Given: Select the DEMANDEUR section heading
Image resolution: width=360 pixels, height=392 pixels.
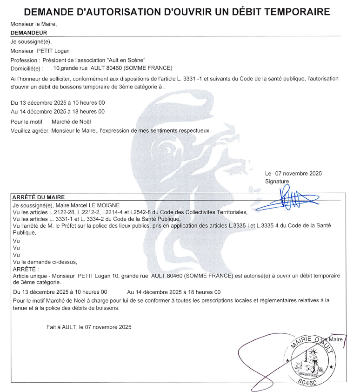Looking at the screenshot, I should (x=28, y=33).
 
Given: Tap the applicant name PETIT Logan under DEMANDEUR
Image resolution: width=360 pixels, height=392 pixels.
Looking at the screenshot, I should (x=53, y=51).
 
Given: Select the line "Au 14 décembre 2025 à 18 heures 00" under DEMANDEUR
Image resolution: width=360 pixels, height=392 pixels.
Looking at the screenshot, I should (x=58, y=112).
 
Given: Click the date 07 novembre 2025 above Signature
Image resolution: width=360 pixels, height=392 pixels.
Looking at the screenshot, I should (x=299, y=174).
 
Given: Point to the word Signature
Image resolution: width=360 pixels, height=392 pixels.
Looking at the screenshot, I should (x=277, y=181).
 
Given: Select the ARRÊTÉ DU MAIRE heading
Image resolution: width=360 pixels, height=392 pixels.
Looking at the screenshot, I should (x=39, y=197).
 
